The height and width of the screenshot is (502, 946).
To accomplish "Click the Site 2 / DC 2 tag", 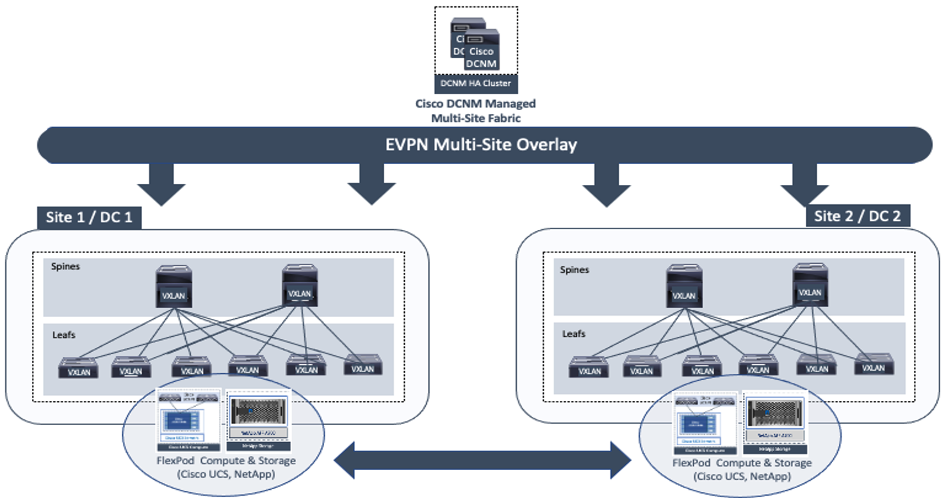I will pyautogui.click(x=858, y=216).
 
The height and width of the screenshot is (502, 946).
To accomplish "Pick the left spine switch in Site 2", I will pyautogui.click(x=684, y=287).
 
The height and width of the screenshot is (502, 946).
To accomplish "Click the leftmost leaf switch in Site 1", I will pyautogui.click(x=79, y=368).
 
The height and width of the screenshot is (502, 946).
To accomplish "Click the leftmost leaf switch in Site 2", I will pyautogui.click(x=589, y=368).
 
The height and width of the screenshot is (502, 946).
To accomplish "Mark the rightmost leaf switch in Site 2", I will pyautogui.click(x=873, y=365).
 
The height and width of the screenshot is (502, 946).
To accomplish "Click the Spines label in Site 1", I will pyautogui.click(x=66, y=266).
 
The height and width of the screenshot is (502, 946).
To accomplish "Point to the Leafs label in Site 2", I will pyautogui.click(x=574, y=334).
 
